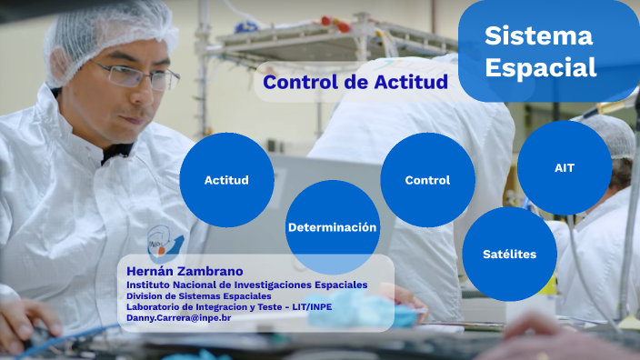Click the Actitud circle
tap(226, 180)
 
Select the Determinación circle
tap(332, 227)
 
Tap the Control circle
tap(427, 180)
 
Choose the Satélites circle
tap(510, 254)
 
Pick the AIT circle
tap(564, 168)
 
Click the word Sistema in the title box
tap(538, 36)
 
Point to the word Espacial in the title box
tap(540, 68)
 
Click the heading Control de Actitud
tap(355, 83)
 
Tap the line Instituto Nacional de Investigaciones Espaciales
tap(246, 285)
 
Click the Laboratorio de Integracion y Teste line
tap(226, 307)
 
